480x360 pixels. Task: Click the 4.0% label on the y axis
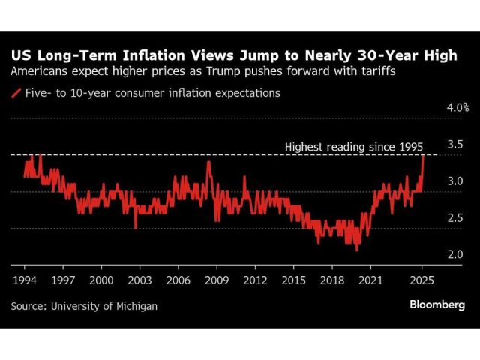coord(457,108)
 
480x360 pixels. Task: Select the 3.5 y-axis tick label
coord(456,144)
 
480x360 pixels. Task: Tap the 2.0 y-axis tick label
coord(456,255)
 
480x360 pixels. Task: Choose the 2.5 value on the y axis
coord(456,218)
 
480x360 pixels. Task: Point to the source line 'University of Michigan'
coord(104,306)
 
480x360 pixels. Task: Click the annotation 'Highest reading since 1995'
coord(355,146)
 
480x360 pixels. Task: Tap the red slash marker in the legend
coord(16,94)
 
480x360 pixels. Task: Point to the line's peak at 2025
coord(424,155)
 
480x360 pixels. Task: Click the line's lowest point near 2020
coord(357,250)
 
